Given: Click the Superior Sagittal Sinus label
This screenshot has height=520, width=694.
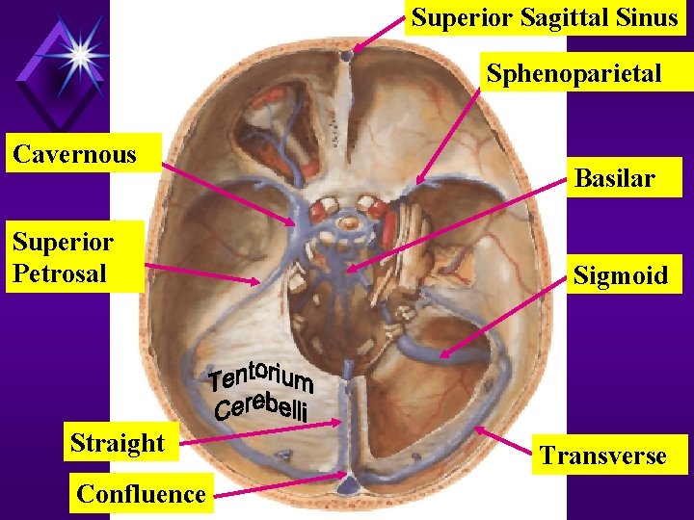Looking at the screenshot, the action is coord(545,18).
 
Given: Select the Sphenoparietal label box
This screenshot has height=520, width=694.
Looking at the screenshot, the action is coord(574,74).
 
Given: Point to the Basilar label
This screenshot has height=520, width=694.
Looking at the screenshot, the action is coord(614,177).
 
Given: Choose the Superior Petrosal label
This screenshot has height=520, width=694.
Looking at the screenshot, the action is coord(63,257).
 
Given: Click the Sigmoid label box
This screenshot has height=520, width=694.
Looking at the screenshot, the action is coord(620,275).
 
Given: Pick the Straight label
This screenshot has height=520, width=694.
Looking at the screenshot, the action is coord(118,443).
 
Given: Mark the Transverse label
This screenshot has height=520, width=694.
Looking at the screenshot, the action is coord(603,455).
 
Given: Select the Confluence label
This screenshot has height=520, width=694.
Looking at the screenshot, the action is coord(141,494).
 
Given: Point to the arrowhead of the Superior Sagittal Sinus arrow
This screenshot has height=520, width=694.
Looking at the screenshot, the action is coord(355,49).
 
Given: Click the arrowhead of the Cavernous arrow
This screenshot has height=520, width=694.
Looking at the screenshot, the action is coord(295,223).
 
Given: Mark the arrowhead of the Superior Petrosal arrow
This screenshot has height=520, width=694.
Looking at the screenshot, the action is coord(258,282).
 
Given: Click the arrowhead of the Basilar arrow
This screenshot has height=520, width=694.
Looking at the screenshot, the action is coord(348,270).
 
